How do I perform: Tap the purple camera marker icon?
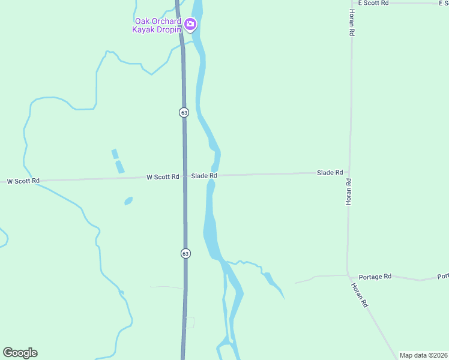190,25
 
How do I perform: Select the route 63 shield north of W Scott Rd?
184,112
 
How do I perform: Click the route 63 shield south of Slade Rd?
185,253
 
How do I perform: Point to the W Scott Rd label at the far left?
23,181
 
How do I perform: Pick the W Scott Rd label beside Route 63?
163,177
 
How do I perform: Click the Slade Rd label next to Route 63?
204,176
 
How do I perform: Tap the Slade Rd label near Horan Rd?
330,173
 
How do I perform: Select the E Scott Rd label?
373,3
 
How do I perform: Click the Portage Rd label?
375,277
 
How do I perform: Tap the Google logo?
20,353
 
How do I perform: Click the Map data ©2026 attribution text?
424,355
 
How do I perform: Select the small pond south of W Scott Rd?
128,201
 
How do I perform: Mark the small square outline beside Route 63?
190,322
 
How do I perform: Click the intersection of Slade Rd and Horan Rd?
349,173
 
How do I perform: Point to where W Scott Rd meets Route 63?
184,177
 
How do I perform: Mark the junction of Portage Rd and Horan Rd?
348,275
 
